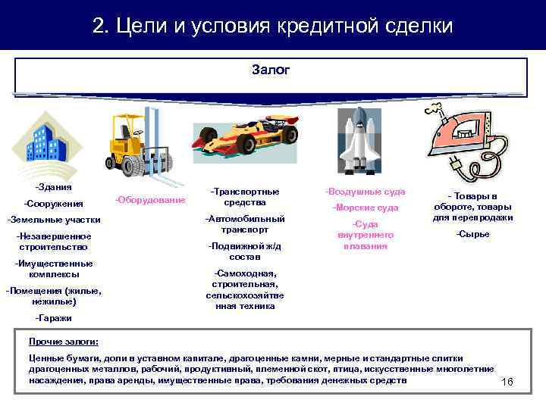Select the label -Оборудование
coord(150,200)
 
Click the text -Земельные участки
coord(53,220)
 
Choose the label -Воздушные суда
coord(366,192)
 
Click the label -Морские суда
coord(366,208)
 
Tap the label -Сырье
coord(472,234)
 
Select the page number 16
coord(508,382)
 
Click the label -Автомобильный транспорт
coord(244,224)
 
